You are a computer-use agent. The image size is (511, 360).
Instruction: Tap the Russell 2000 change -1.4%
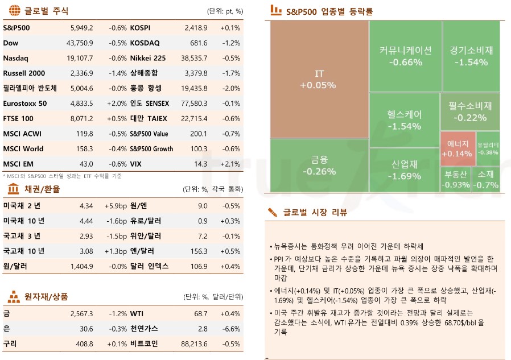pyautogui.click(x=118, y=73)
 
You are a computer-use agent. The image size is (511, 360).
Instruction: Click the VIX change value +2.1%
pyautogui.click(x=230, y=164)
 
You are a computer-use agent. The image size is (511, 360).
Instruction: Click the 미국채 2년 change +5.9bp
pyautogui.click(x=116, y=205)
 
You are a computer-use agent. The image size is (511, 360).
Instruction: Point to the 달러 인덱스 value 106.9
pyautogui.click(x=198, y=266)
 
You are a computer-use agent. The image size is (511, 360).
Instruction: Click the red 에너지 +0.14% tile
pyautogui.click(x=456, y=148)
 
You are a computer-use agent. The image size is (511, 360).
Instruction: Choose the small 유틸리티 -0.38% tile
pyautogui.click(x=488, y=148)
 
